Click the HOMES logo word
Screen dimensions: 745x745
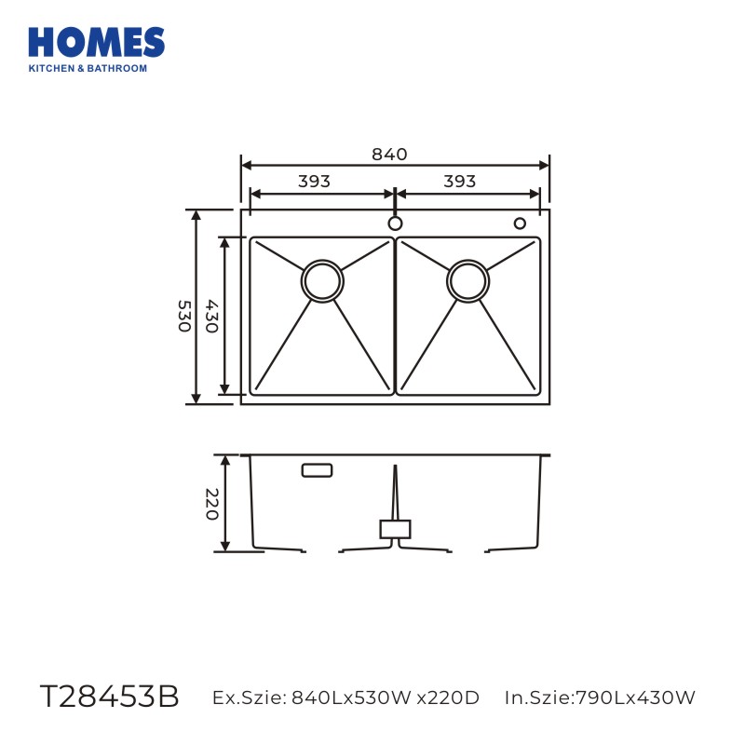click(x=97, y=42)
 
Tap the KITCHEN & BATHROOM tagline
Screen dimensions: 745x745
click(x=88, y=68)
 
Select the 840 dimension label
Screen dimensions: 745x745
click(x=389, y=155)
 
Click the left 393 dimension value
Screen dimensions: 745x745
click(x=314, y=181)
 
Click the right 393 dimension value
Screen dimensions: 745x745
click(x=459, y=181)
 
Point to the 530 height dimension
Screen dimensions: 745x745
click(x=184, y=316)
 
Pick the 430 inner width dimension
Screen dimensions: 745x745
click(x=212, y=316)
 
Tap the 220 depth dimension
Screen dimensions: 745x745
click(x=212, y=504)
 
